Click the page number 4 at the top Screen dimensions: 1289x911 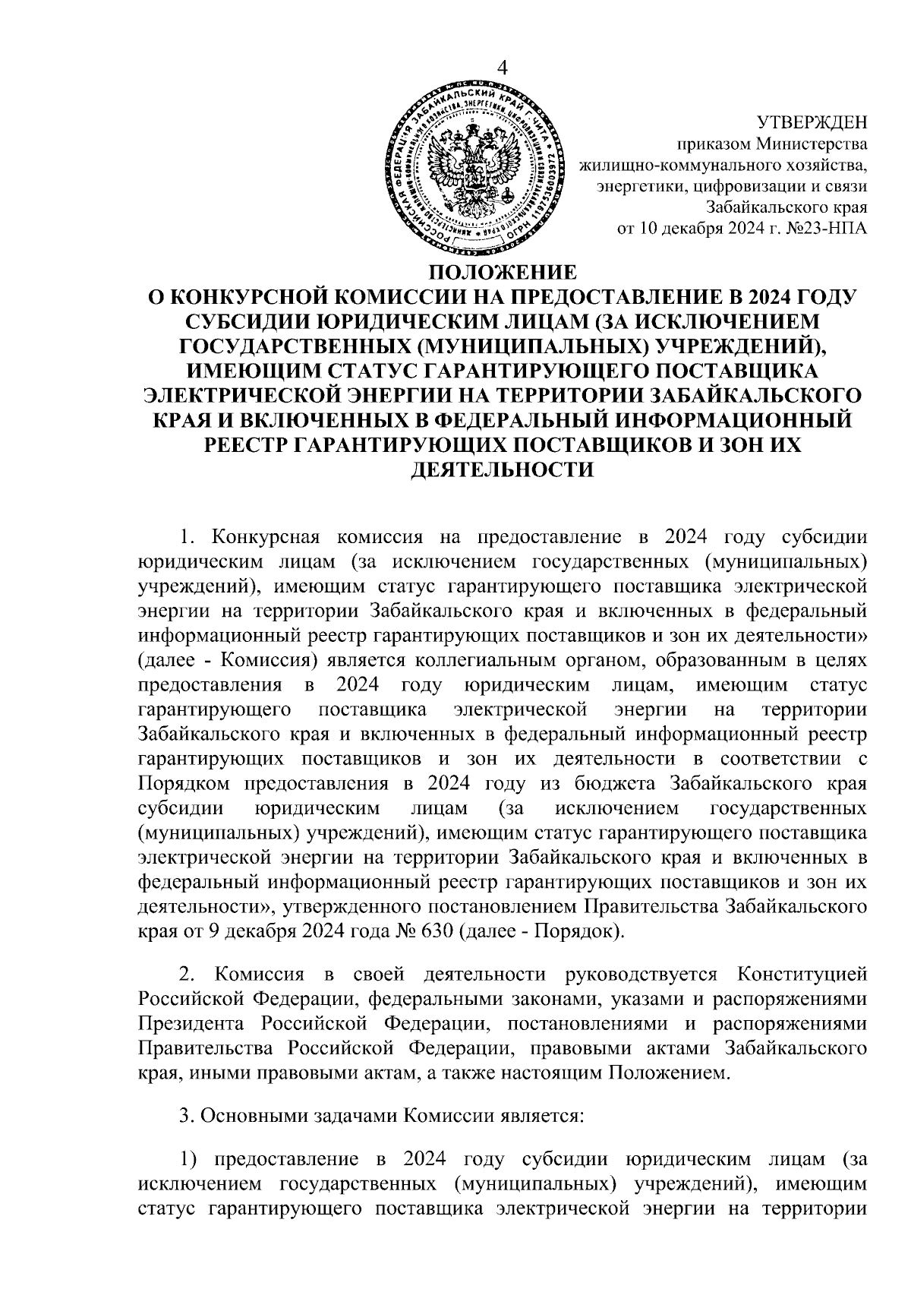coord(501,67)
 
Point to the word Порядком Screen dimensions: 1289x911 coord(186,782)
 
